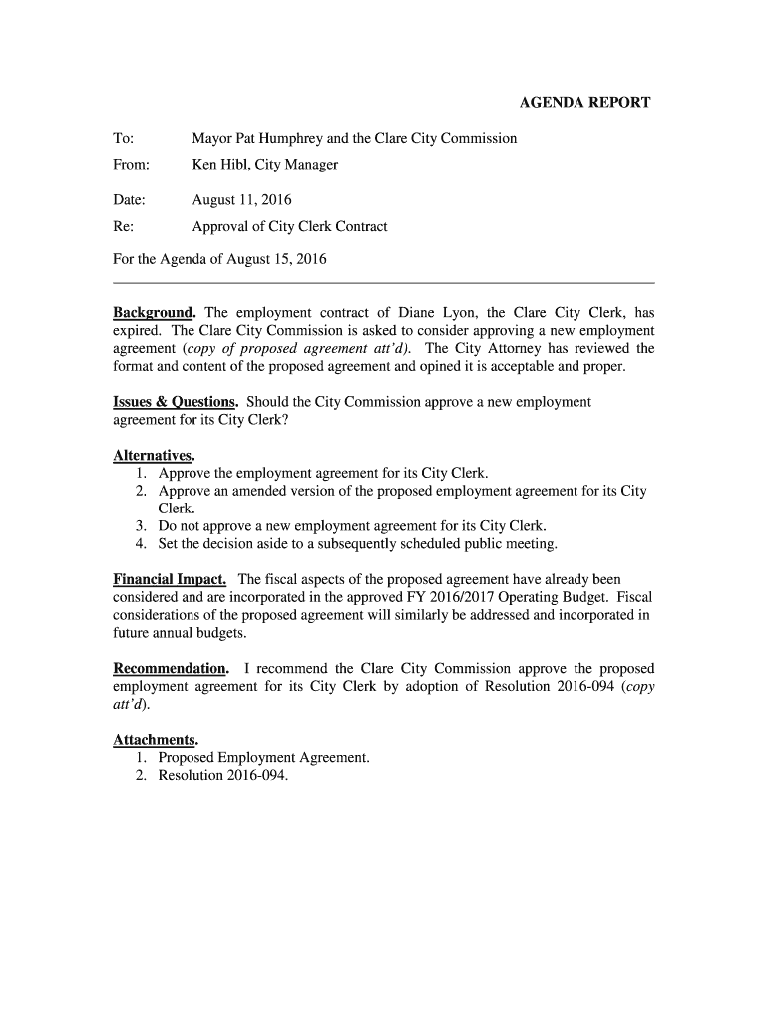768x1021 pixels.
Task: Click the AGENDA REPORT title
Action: (x=585, y=102)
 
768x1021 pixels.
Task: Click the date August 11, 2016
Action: (x=241, y=200)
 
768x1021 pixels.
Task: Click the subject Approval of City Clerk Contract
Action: (x=289, y=226)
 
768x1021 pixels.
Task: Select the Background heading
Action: (x=154, y=312)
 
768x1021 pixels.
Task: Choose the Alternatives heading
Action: (x=154, y=455)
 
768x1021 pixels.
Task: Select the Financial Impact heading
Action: (x=170, y=579)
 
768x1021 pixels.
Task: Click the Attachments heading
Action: (x=156, y=740)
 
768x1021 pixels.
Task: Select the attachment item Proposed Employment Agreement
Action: (x=263, y=758)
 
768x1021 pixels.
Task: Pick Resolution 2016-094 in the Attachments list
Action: (x=222, y=776)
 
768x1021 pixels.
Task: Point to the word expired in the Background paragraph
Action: (x=139, y=330)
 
